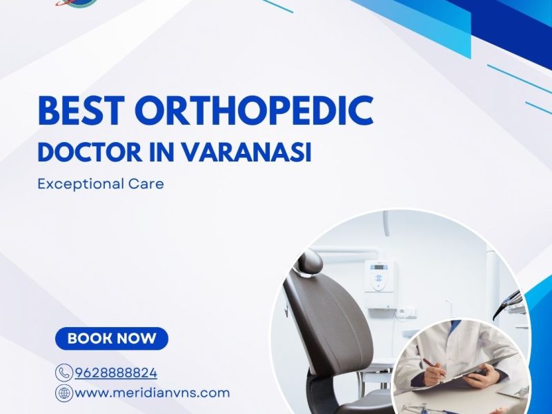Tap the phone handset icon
click(64, 373)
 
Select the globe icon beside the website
click(64, 393)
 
